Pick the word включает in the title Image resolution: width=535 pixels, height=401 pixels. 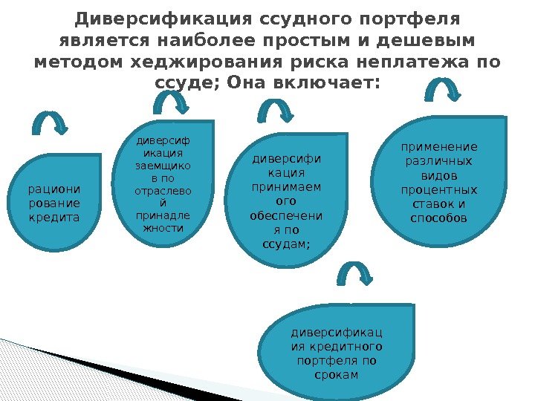[x=321, y=82]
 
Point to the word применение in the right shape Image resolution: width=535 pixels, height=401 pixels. [x=438, y=147]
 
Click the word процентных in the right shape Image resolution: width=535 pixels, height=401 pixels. [x=438, y=190]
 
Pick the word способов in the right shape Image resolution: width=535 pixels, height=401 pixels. [x=438, y=218]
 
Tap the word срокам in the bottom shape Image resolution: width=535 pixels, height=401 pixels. [x=335, y=374]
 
